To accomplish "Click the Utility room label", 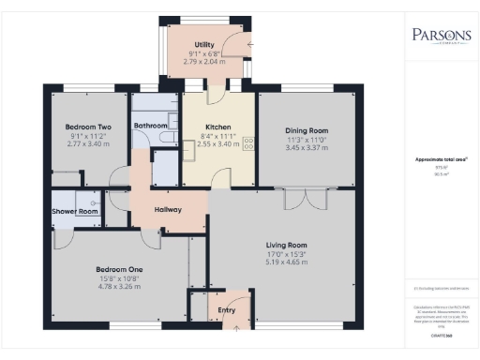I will (203, 44).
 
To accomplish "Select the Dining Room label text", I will (306, 130).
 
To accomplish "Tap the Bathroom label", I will (150, 126).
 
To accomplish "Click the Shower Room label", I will (75, 211).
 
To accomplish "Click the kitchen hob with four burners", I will (249, 143).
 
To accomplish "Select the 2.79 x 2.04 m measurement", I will (203, 62).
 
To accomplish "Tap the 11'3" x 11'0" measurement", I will (306, 140).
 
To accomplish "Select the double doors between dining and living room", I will (299, 199).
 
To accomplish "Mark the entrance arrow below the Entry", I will (234, 329).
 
